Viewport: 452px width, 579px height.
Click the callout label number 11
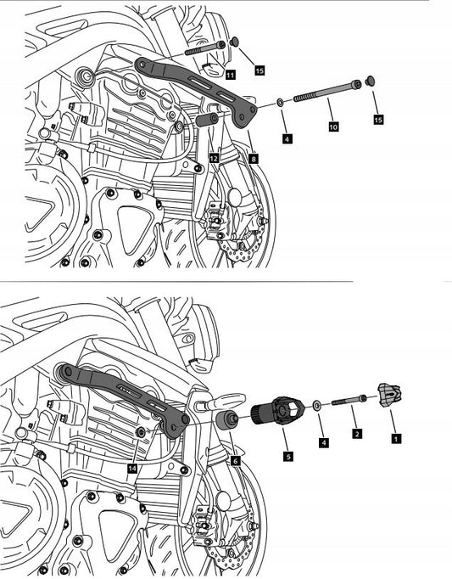click(230, 75)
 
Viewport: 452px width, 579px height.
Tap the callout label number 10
click(333, 126)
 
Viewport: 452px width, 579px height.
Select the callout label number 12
click(214, 159)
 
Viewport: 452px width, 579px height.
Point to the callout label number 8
click(253, 159)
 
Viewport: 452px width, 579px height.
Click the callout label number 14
click(132, 469)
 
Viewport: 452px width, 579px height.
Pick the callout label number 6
click(235, 460)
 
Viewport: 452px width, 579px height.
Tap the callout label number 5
click(288, 457)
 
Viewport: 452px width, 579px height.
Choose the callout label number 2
click(356, 433)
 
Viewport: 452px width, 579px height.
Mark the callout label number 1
click(396, 438)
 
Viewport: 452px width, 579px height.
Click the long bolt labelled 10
click(327, 91)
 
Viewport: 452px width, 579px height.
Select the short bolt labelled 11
click(205, 48)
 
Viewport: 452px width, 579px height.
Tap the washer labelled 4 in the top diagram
click(280, 102)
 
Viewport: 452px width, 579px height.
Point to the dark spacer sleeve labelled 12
click(208, 121)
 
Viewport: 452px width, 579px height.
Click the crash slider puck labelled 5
click(277, 411)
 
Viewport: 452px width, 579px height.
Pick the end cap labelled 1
click(389, 396)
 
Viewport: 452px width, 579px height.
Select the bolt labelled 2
click(349, 401)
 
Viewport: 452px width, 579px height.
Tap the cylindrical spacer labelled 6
click(227, 420)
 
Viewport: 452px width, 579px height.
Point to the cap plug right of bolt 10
click(370, 81)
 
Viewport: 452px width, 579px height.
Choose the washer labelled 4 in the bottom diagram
click(316, 405)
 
